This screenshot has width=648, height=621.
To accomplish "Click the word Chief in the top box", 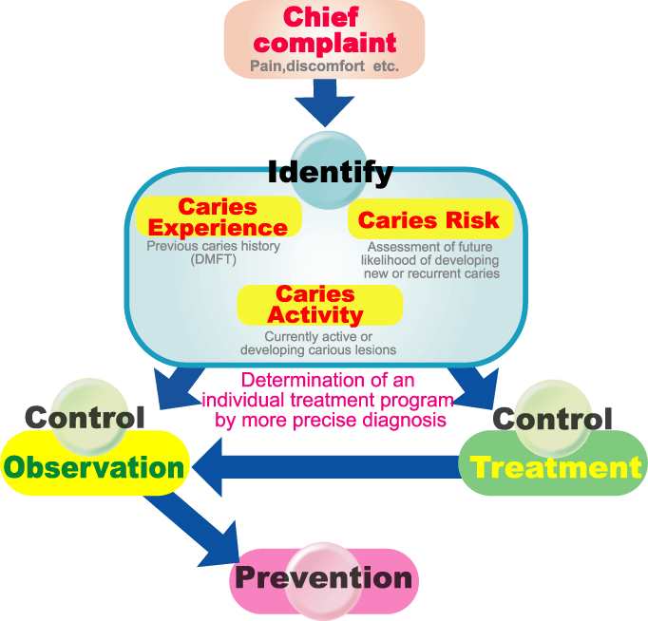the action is click(321, 17).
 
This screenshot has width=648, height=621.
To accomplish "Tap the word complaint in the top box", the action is click(325, 43).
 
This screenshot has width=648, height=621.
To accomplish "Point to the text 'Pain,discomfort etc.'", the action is click(324, 66).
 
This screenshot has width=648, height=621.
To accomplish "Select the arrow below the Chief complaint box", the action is click(324, 103).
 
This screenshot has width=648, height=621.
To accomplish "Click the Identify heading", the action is click(331, 173).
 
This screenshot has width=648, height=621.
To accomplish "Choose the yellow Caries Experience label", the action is click(219, 216).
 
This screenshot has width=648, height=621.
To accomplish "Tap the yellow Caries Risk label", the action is click(430, 218).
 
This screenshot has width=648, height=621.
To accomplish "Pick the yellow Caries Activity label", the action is click(320, 305).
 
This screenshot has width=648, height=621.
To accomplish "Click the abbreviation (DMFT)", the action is click(213, 260).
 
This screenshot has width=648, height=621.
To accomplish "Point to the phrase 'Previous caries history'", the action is click(213, 246).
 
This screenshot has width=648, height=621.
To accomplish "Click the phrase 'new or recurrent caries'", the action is click(431, 273).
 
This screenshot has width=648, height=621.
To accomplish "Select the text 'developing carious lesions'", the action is click(318, 350).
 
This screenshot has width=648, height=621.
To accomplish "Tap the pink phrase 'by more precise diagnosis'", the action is click(331, 421).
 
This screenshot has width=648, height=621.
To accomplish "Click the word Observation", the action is click(94, 467).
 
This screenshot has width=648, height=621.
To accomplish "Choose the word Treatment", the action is click(556, 467).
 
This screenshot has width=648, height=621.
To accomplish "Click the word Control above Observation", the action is click(85, 418).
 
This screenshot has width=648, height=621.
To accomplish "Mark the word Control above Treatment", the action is click(553, 419).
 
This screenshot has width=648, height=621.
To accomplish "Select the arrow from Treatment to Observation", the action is click(327, 467).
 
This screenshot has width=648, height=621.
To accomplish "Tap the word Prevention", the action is click(324, 577).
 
